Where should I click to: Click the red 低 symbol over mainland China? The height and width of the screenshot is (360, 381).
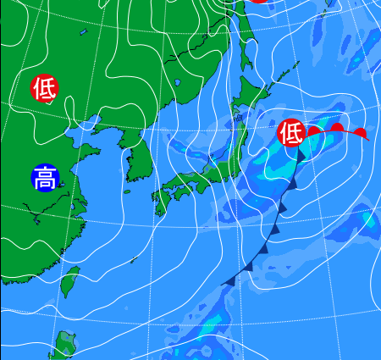45,87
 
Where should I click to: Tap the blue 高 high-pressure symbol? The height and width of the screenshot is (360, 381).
45,178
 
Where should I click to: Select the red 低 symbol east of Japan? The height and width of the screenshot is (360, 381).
291,132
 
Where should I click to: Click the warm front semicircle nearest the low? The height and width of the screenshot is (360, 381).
315,130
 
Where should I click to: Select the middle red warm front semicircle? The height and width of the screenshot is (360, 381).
337,129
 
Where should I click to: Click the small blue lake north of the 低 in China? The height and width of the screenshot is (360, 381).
84,33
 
